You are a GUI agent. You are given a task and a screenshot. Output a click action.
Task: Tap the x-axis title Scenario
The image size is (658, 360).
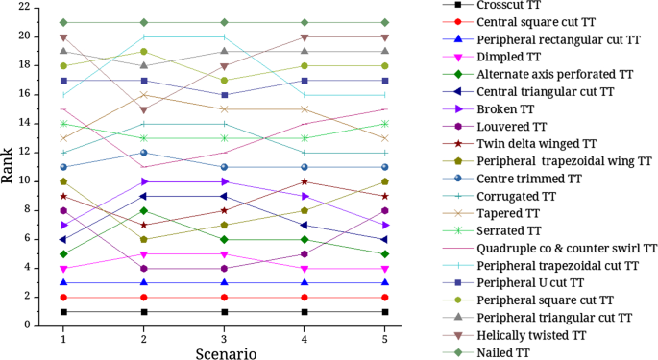click(x=224, y=352)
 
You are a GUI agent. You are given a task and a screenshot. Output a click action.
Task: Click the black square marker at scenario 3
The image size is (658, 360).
click(x=224, y=311)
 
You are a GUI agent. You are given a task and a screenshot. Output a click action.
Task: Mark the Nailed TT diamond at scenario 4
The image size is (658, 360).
click(x=305, y=22)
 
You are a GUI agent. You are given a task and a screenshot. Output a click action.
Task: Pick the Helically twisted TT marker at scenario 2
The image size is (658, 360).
click(x=144, y=109)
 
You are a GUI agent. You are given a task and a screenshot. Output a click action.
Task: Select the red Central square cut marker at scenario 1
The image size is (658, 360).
click(x=63, y=297)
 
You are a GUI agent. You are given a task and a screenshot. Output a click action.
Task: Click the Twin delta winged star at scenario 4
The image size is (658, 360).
click(x=305, y=181)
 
